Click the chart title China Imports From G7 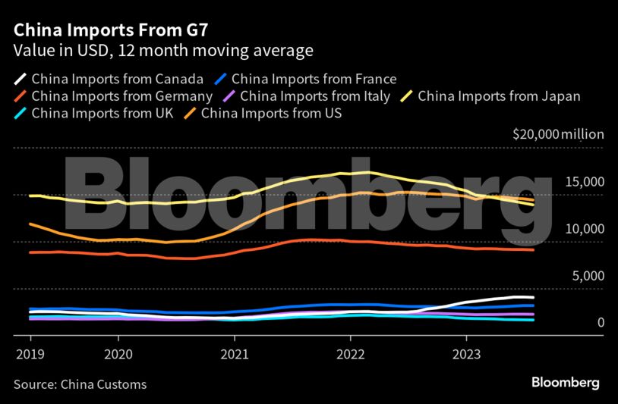tap(109, 30)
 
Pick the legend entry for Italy tap(314, 96)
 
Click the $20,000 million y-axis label tap(558, 134)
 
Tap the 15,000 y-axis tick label tap(585, 182)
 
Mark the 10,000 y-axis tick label tap(585, 229)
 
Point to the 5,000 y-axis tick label tap(588, 276)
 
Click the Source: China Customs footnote tap(80, 384)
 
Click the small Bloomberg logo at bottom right tap(566, 383)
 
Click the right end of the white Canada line tap(533, 297)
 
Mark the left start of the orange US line tap(30, 224)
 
